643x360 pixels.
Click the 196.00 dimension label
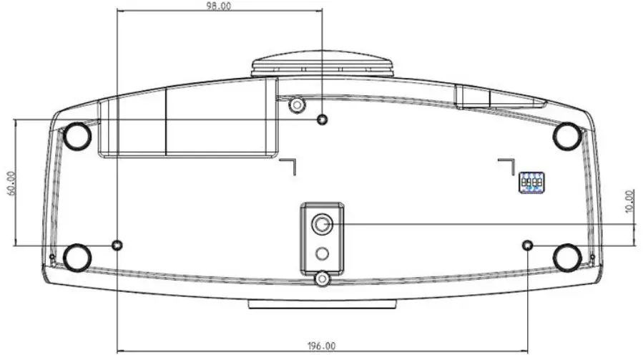coord(321,346)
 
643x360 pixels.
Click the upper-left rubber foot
coord(77,135)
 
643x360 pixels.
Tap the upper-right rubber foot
coord(567,134)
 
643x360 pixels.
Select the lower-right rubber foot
coord(567,256)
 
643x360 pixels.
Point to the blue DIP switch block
coord(531,183)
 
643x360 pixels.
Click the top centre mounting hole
coord(323,120)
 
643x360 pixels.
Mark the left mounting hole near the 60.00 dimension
coord(118,245)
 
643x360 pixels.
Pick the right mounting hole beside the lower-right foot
coord(528,245)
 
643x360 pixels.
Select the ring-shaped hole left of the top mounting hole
coord(295,106)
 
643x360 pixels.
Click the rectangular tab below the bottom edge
coord(323,304)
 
